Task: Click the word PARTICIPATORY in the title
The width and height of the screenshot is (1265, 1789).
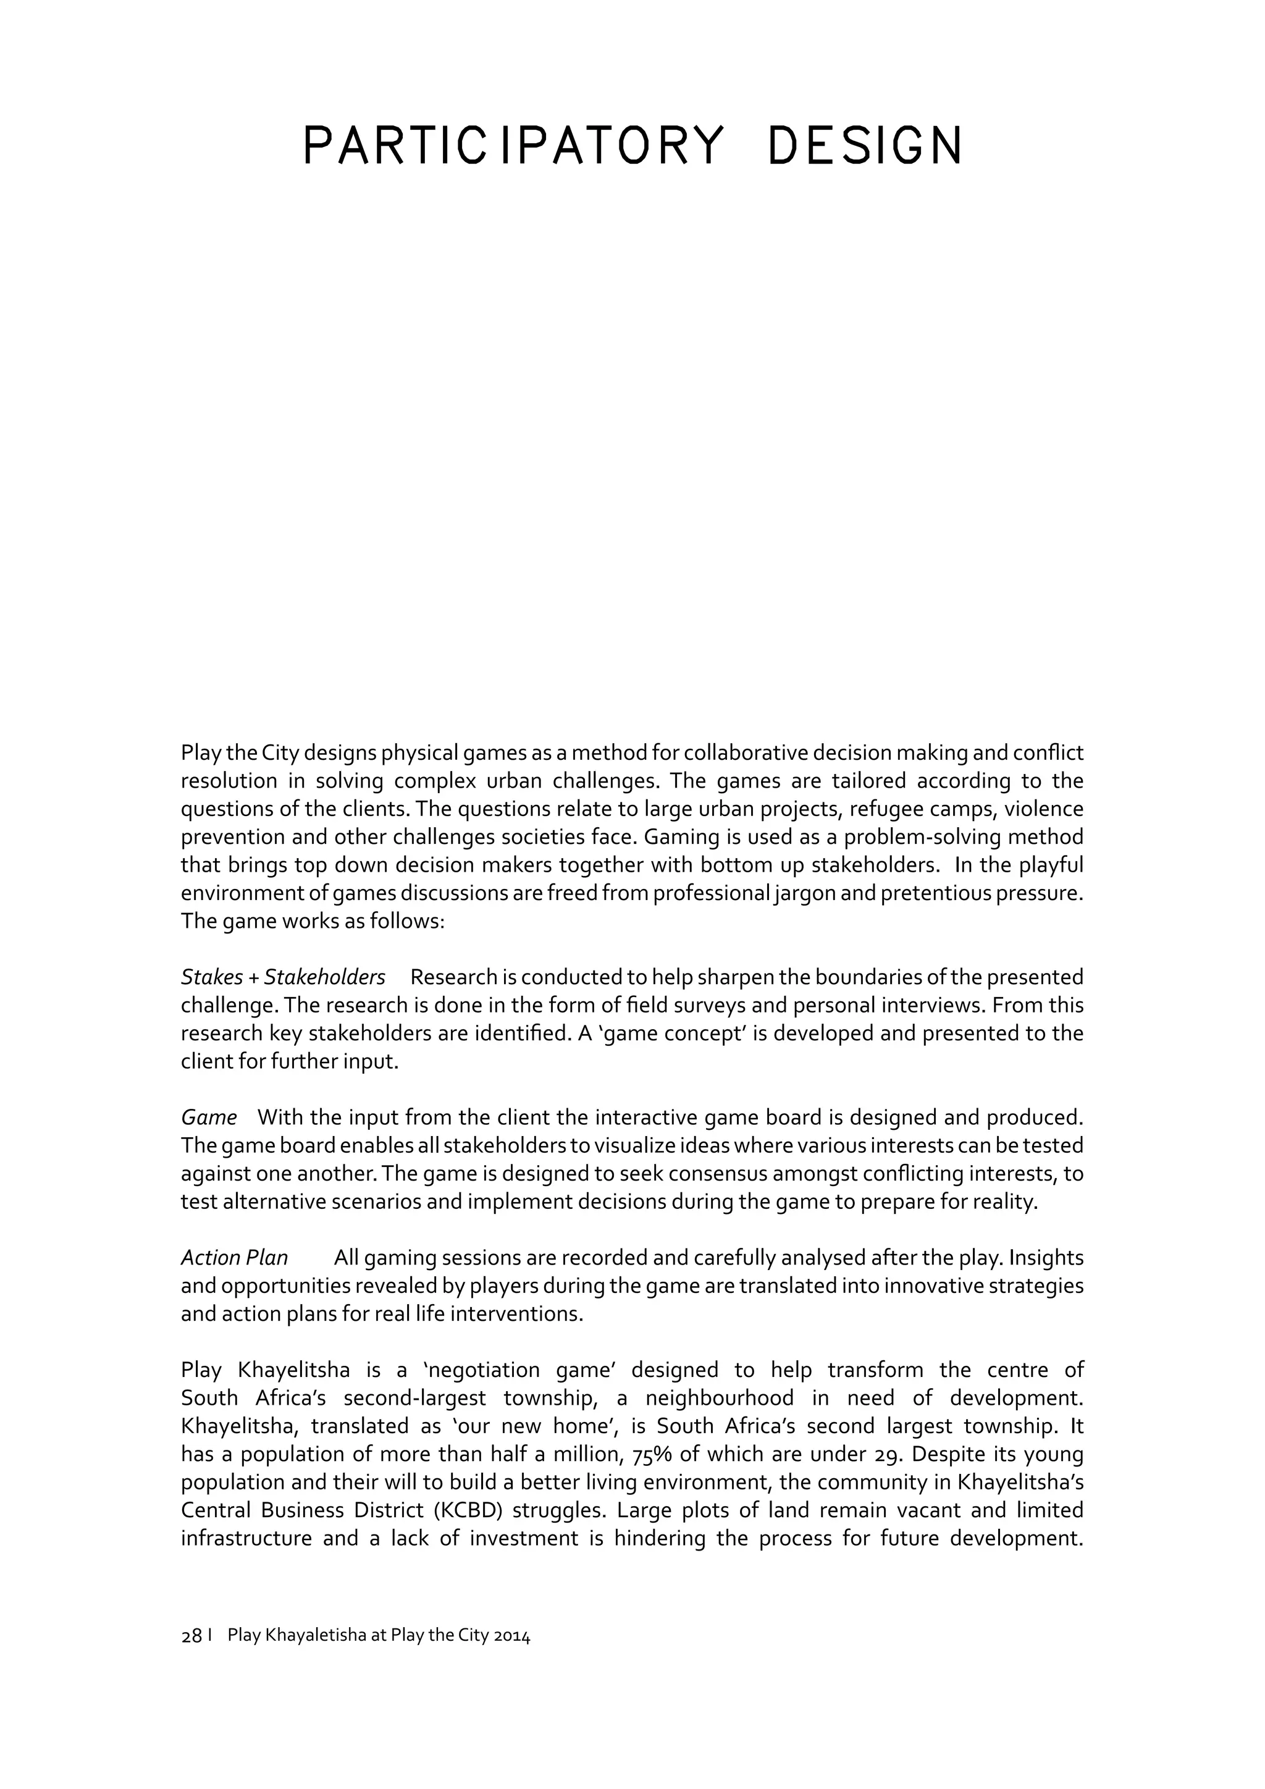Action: [x=513, y=146]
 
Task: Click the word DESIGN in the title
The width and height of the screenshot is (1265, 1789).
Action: [x=865, y=146]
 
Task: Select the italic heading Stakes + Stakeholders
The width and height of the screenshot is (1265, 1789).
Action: [x=283, y=977]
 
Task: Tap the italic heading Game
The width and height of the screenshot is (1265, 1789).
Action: [x=209, y=1118]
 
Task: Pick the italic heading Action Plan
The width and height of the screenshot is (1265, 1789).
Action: [x=235, y=1258]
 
